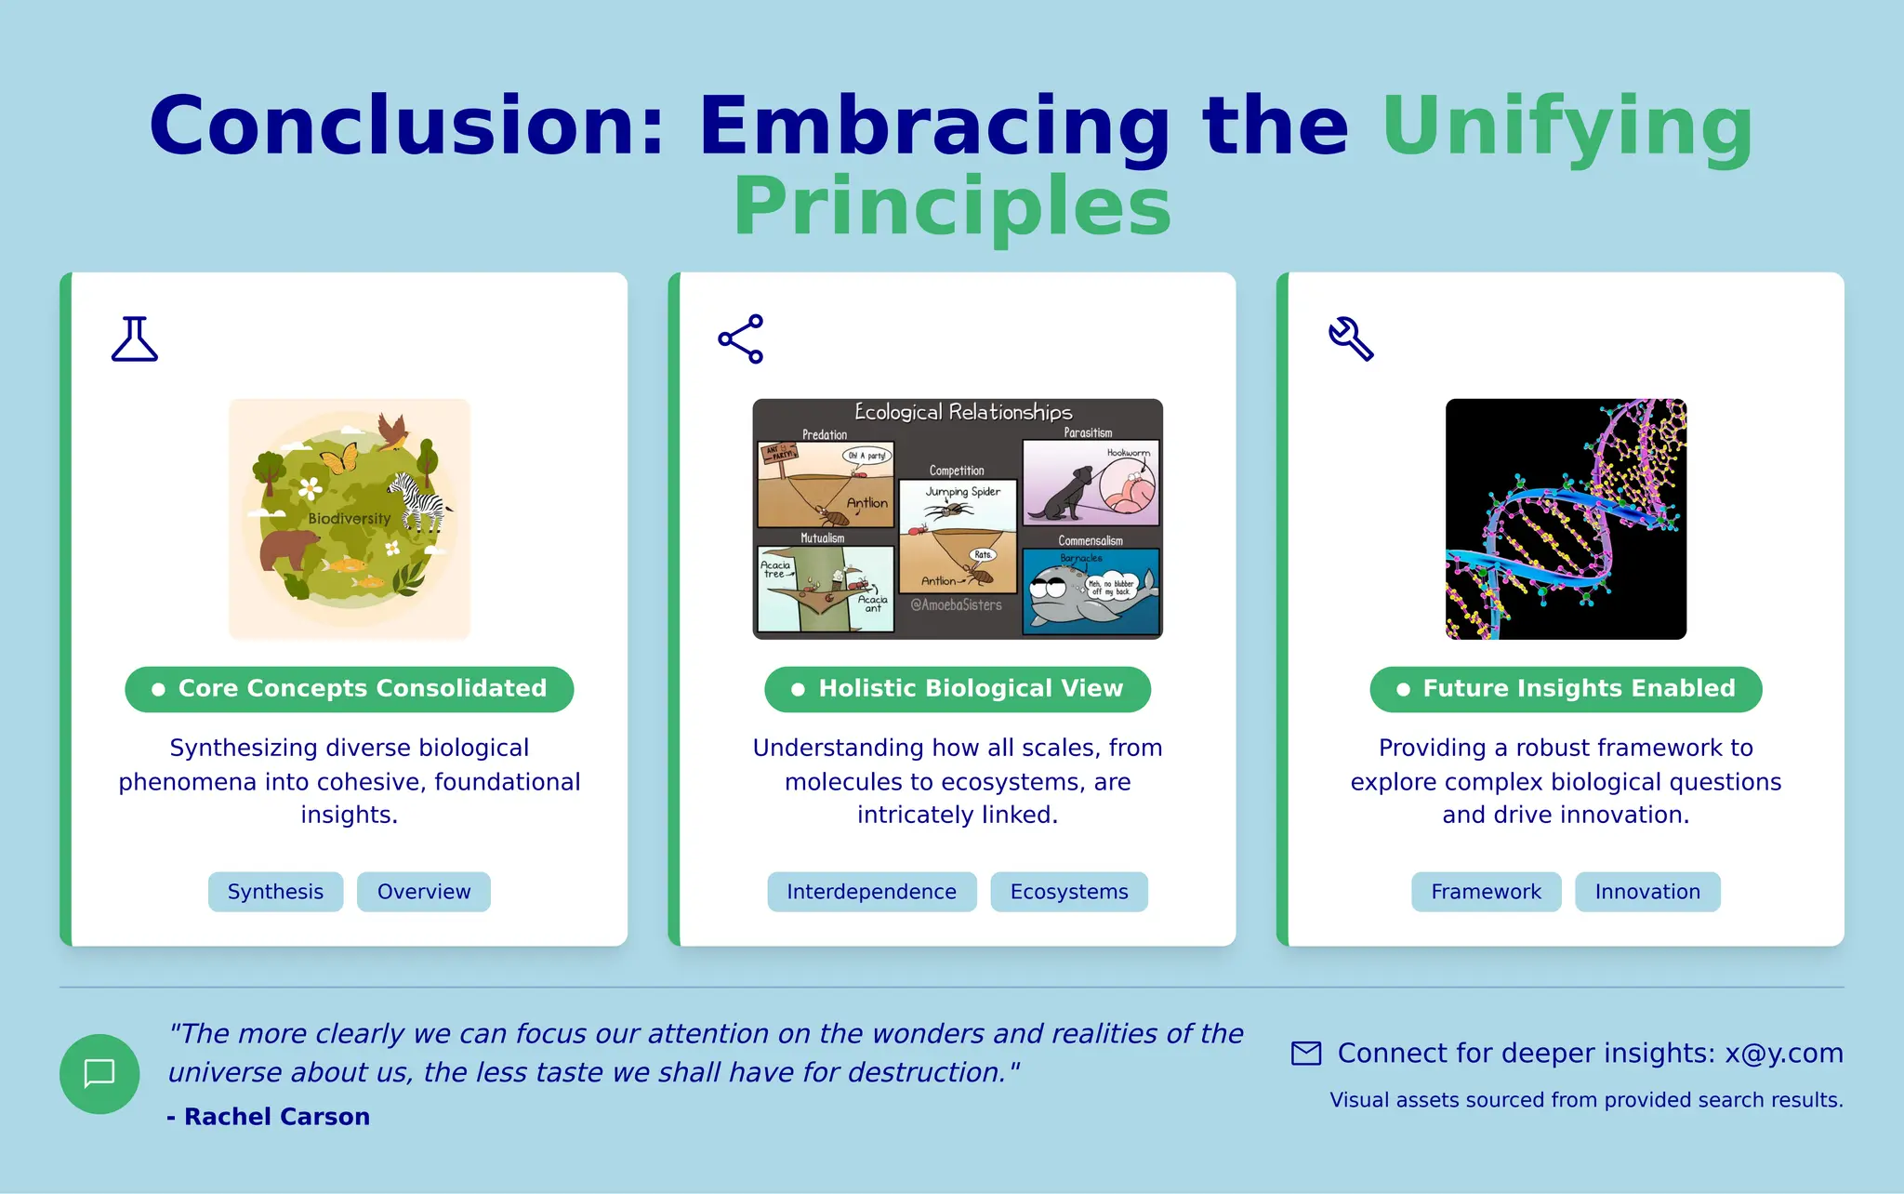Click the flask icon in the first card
tap(135, 338)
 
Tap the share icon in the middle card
tap(741, 338)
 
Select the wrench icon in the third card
tap(1351, 338)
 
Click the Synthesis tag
tap(275, 892)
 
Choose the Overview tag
tap(424, 892)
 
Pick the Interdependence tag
tap(871, 892)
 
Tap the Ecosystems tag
tap(1069, 892)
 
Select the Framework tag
tap(1486, 892)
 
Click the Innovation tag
tap(1647, 892)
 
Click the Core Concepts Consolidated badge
tap(350, 689)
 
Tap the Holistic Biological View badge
tap(958, 689)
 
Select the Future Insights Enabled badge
tap(1566, 689)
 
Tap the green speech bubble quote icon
tap(99, 1074)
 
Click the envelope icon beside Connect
tap(1306, 1054)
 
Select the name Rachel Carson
tap(276, 1117)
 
